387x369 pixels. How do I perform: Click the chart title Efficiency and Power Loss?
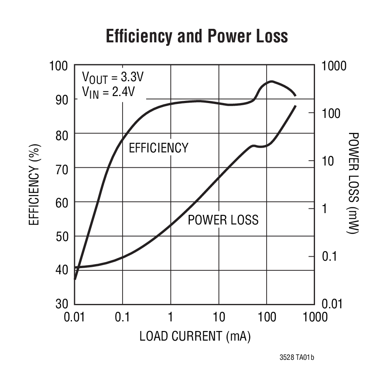(197, 37)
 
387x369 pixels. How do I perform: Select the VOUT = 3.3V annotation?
(113, 78)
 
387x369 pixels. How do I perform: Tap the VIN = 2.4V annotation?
(109, 92)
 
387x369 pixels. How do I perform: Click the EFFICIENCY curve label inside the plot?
(158, 148)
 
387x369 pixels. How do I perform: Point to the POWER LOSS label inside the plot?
(223, 220)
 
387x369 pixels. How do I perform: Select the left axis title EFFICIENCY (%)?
(35, 185)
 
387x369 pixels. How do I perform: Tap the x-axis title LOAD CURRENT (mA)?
(195, 336)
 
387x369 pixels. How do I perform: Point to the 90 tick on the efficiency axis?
(61, 100)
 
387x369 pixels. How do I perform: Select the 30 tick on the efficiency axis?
(61, 304)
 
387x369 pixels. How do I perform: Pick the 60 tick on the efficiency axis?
(61, 202)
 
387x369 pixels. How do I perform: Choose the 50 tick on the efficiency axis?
(61, 236)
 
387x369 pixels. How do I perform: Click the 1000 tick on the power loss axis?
(334, 66)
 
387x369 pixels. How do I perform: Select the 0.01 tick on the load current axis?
(75, 317)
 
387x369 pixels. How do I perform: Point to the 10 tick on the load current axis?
(219, 317)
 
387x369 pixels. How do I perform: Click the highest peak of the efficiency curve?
(271, 81)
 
